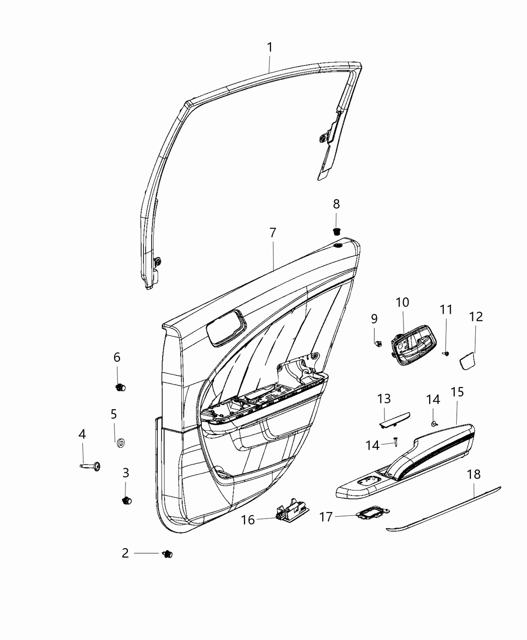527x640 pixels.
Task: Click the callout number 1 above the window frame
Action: click(270, 48)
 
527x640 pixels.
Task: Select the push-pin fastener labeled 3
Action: click(126, 500)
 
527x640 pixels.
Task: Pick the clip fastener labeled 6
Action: click(120, 387)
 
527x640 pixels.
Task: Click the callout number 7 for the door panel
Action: click(273, 233)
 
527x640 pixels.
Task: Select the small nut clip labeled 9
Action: click(377, 342)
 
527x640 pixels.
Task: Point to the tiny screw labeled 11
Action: click(446, 353)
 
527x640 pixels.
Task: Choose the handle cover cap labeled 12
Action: click(468, 360)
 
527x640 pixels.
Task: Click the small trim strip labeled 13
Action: click(393, 419)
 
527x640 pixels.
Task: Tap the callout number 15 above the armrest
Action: click(457, 392)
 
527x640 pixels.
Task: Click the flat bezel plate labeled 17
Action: click(370, 514)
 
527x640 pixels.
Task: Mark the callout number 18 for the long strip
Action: click(474, 474)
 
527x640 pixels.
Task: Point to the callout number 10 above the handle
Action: click(403, 303)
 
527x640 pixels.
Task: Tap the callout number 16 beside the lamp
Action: click(248, 520)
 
